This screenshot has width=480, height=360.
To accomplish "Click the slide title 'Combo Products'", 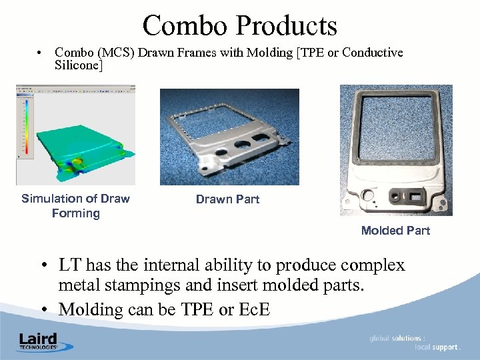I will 239,25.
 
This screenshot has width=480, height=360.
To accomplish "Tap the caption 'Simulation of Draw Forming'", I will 75,206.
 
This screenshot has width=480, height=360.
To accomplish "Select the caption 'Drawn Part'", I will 227,199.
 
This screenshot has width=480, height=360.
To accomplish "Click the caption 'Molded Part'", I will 395,231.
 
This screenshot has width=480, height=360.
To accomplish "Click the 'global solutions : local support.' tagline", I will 414,343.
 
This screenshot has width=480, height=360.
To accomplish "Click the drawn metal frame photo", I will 229,137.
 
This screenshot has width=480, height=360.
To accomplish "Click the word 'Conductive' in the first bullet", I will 372,53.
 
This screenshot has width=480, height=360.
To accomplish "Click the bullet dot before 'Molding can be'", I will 43,310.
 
